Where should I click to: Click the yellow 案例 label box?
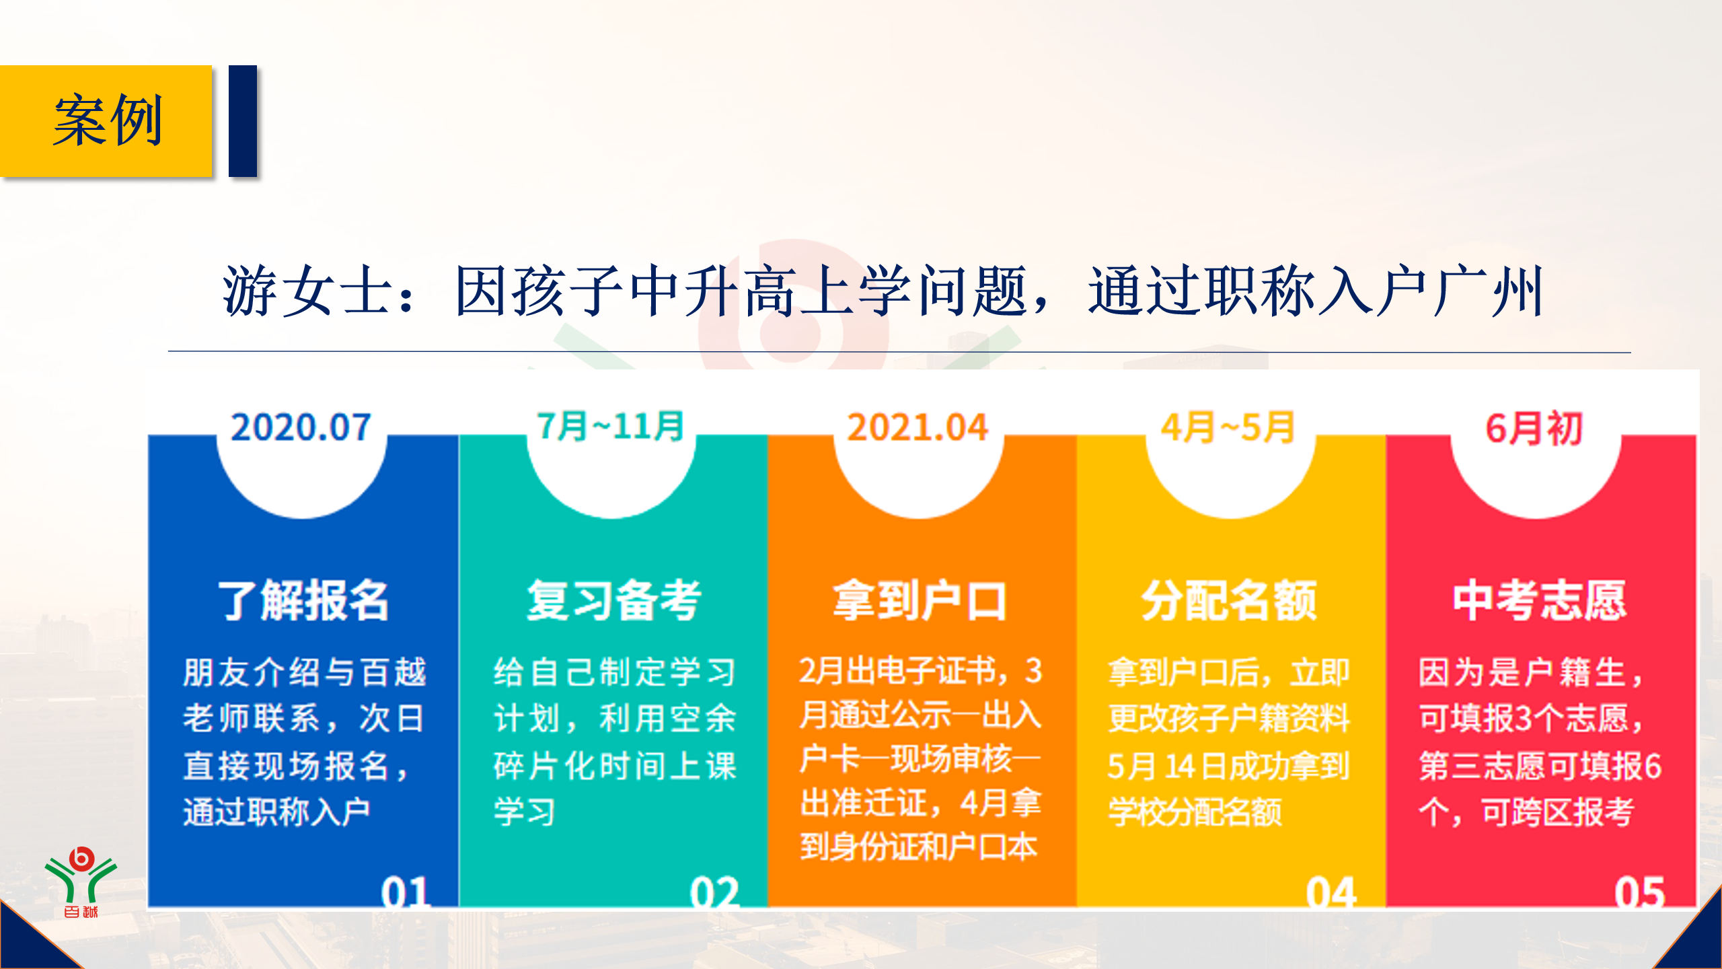click(x=106, y=121)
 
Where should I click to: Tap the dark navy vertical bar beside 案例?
click(x=243, y=121)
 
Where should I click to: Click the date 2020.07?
click(x=301, y=427)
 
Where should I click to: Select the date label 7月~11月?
click(x=610, y=427)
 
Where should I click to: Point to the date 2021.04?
click(x=918, y=427)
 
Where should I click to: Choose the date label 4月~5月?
click(x=1228, y=427)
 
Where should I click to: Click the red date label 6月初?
click(x=1534, y=428)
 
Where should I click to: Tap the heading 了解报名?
click(x=303, y=600)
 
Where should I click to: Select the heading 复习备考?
click(x=614, y=600)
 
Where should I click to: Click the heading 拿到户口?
click(x=920, y=600)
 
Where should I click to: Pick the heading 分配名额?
click(x=1229, y=600)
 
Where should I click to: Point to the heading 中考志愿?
click(x=1540, y=600)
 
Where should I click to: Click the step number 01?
click(x=405, y=892)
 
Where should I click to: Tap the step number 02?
click(x=714, y=892)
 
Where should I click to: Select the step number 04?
click(x=1331, y=892)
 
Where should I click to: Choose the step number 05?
click(x=1640, y=892)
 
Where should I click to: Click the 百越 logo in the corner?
click(x=81, y=882)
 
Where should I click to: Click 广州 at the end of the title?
click(x=1487, y=291)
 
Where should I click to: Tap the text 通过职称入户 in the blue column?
click(x=276, y=812)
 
